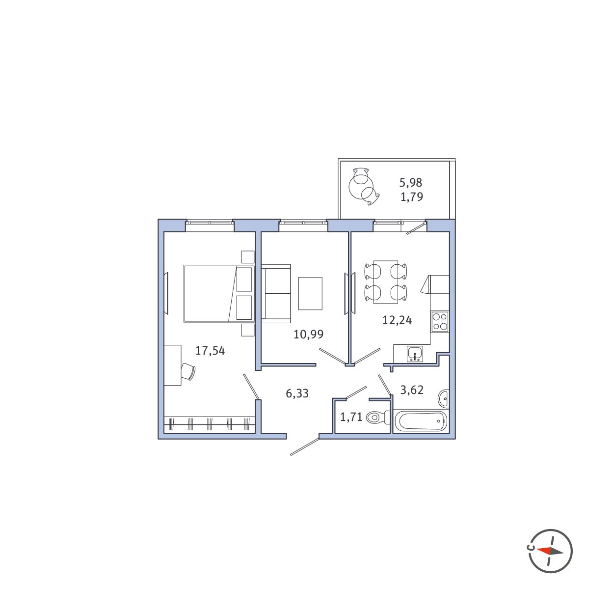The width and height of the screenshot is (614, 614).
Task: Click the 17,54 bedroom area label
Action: [x=210, y=351]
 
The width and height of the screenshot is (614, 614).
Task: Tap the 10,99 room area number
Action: [x=308, y=335]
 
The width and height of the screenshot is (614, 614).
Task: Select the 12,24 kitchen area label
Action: [x=397, y=320]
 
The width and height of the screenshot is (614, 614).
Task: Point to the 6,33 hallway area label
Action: [x=297, y=393]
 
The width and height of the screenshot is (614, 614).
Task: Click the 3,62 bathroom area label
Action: [x=412, y=390]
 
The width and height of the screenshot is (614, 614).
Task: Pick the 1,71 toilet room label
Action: [x=351, y=417]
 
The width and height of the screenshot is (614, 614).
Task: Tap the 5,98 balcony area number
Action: [x=411, y=183]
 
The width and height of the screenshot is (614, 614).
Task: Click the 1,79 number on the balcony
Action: [x=412, y=197]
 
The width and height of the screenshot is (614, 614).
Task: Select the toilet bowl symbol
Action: [x=378, y=417]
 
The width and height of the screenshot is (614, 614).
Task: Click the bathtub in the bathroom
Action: [x=420, y=421]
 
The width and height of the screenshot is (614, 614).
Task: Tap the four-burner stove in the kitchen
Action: [x=440, y=322]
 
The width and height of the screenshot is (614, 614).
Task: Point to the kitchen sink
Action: [x=415, y=354]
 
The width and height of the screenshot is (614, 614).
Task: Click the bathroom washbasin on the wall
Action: [x=444, y=399]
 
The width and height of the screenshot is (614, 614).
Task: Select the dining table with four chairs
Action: [x=386, y=281]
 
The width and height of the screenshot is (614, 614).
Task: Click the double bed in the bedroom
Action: [x=219, y=293]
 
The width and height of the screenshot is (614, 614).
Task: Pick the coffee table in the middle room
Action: [x=310, y=293]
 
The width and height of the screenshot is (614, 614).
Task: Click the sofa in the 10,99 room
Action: [x=276, y=293]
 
